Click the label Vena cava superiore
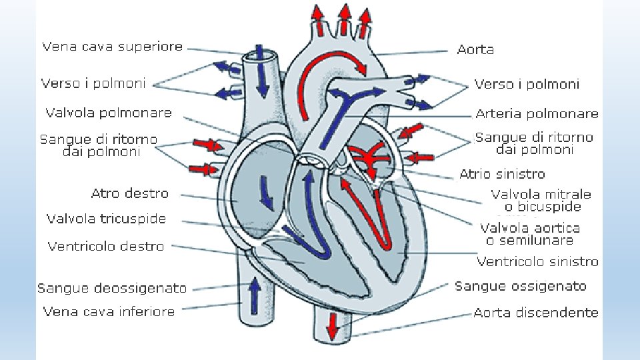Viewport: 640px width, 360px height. click(x=112, y=47)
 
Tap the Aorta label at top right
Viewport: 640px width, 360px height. click(x=475, y=49)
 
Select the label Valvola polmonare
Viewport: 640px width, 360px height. click(x=108, y=113)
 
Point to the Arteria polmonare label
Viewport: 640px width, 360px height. click(x=537, y=114)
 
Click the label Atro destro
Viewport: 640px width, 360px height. click(x=129, y=194)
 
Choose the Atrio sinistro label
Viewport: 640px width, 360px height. click(x=502, y=174)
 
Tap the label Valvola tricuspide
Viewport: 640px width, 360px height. click(x=106, y=219)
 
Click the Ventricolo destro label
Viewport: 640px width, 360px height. click(x=105, y=247)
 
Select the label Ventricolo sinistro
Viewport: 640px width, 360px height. click(x=537, y=261)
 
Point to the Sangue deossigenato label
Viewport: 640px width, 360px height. click(x=112, y=288)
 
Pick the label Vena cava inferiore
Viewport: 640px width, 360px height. click(x=109, y=311)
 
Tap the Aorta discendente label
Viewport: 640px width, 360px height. click(x=536, y=312)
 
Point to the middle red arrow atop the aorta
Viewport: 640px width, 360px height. click(x=344, y=19)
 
